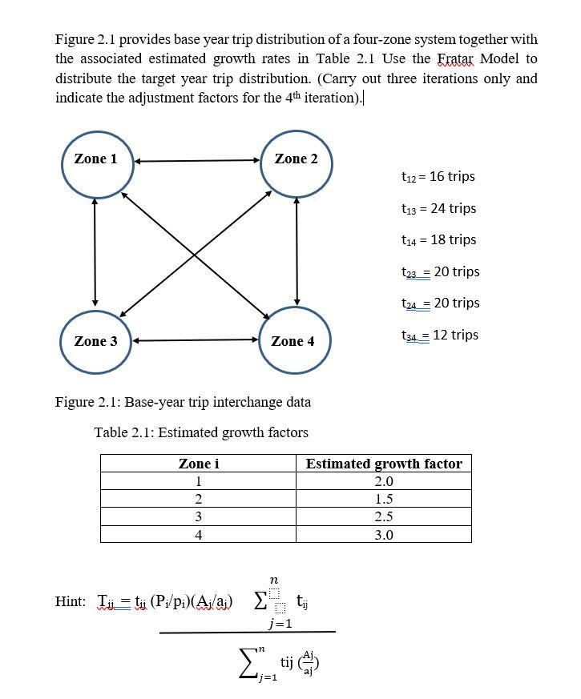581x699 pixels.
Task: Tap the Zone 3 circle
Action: click(96, 340)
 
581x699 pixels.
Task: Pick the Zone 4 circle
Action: click(294, 340)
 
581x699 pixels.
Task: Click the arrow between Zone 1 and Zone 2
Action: click(196, 161)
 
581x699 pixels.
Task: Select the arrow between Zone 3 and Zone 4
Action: click(196, 340)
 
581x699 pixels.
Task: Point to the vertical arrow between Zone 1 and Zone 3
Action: click(95, 252)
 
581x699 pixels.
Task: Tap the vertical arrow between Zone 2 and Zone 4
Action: click(297, 252)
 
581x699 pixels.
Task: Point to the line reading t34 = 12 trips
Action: click(439, 335)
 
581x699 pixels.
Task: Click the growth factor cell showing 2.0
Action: click(384, 482)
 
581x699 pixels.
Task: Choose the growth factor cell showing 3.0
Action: click(384, 535)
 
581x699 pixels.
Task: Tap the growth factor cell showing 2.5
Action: click(384, 517)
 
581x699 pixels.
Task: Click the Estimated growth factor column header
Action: click(384, 464)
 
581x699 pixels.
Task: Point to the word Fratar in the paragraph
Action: click(454, 59)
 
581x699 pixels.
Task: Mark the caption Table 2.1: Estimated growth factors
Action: click(201, 432)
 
